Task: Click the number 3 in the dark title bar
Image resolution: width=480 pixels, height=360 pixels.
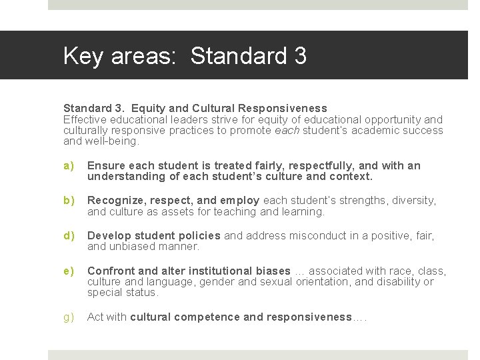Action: coord(299,56)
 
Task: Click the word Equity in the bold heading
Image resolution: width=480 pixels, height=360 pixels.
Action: coord(149,108)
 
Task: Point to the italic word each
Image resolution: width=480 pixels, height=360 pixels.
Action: coord(287,131)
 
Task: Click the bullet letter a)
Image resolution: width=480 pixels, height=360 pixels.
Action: coord(68,166)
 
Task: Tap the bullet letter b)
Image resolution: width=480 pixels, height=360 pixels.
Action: coord(68,201)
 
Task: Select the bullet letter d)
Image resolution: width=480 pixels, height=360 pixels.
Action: coord(68,236)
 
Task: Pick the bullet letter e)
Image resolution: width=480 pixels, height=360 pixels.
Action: coord(68,271)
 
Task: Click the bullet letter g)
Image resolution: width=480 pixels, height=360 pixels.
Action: coord(68,317)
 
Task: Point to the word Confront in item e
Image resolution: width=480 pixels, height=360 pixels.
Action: coord(111,271)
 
